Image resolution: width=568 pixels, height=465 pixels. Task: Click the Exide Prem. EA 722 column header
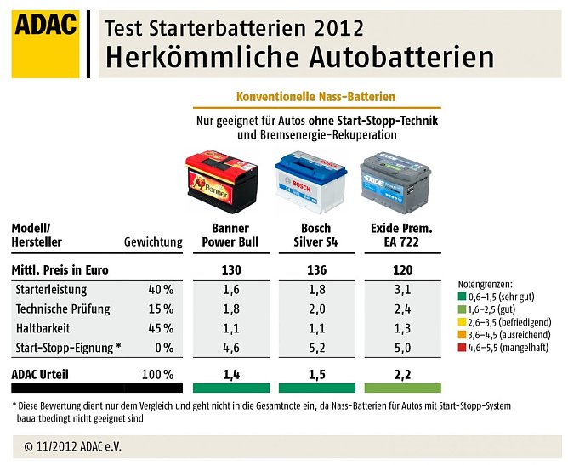tap(401, 235)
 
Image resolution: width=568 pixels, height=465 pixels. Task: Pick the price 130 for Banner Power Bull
tap(230, 270)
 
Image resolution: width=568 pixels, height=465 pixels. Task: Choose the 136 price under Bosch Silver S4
tap(315, 270)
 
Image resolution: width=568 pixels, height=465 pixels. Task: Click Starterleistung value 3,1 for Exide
tap(401, 290)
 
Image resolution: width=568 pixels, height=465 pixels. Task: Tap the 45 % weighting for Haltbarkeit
tap(162, 328)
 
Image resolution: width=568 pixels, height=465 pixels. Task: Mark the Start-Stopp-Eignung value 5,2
tap(315, 347)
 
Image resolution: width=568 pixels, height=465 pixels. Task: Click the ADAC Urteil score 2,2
tap(401, 374)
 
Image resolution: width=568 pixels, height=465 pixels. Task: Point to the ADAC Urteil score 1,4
tap(230, 374)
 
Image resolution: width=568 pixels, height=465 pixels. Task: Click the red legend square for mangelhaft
tap(462, 347)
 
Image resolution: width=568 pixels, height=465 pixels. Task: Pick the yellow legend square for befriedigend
tap(462, 322)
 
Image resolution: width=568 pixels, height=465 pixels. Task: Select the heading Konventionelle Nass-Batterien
tap(315, 97)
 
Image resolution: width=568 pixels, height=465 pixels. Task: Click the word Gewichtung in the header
tap(153, 242)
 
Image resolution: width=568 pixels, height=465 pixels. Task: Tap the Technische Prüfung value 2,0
tap(315, 309)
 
